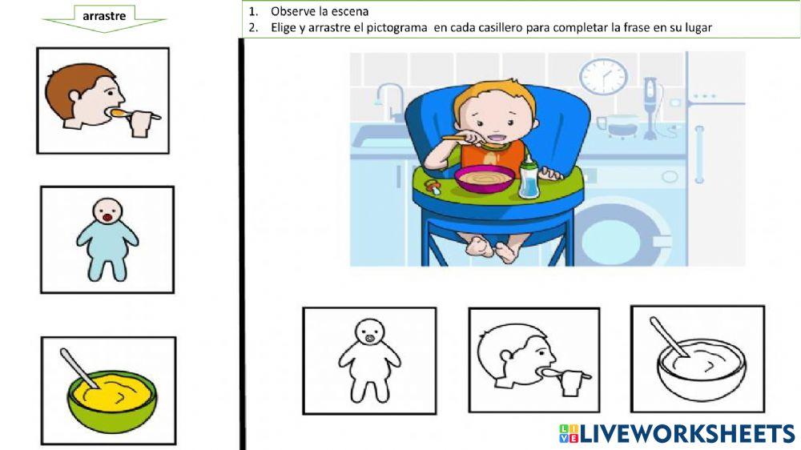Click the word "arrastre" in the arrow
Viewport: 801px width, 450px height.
[x=103, y=14]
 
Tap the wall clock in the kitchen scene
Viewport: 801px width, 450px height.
[x=603, y=76]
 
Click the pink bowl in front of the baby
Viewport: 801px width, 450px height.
[x=485, y=177]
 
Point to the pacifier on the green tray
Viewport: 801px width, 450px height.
[x=433, y=187]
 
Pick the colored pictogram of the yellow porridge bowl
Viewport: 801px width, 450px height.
[x=108, y=391]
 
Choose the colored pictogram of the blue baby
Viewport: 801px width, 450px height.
[x=107, y=239]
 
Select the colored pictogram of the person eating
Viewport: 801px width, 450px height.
[x=103, y=101]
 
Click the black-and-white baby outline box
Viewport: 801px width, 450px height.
[x=369, y=360]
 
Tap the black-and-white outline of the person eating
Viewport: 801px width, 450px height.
[x=533, y=360]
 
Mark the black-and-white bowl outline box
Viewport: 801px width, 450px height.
[x=697, y=358]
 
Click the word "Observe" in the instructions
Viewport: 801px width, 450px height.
[x=293, y=11]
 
